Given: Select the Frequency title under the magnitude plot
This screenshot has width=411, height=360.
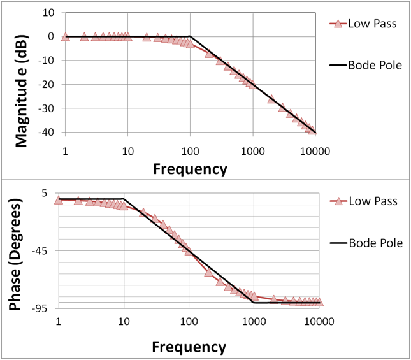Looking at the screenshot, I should pyautogui.click(x=189, y=169).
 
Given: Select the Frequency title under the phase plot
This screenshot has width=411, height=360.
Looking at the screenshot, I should pyautogui.click(x=189, y=347).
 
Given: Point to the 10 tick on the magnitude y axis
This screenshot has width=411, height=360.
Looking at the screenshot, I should pyautogui.click(x=47, y=12).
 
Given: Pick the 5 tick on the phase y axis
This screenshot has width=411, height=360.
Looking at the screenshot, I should pyautogui.click(x=48, y=192).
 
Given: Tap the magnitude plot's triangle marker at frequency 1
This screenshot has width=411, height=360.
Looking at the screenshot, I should pyautogui.click(x=65, y=37).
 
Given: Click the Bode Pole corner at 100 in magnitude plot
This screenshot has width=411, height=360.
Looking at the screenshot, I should pyautogui.click(x=191, y=36).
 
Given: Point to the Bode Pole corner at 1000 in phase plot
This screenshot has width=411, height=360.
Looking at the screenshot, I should pyautogui.click(x=254, y=303).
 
